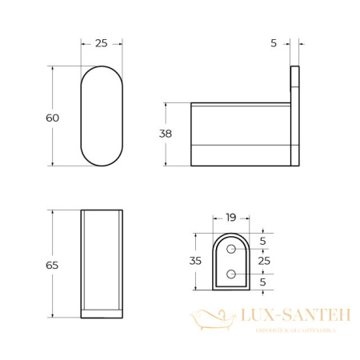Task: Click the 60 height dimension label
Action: (x=53, y=118)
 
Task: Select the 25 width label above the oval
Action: (x=101, y=43)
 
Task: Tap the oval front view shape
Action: (x=102, y=116)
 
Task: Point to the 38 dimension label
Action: (x=166, y=134)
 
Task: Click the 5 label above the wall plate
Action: (x=274, y=43)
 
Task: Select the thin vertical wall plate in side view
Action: (x=294, y=116)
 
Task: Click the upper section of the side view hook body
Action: (x=240, y=124)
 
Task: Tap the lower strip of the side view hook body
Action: (x=240, y=155)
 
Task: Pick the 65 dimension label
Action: (x=53, y=265)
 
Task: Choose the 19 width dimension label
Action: (x=230, y=217)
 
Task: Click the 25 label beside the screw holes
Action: (x=264, y=261)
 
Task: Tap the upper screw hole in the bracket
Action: (x=231, y=250)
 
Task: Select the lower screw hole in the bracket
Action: (x=231, y=274)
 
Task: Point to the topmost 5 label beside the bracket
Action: (x=264, y=241)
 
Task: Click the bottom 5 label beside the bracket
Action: (x=264, y=282)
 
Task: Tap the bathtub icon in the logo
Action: (x=210, y=319)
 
